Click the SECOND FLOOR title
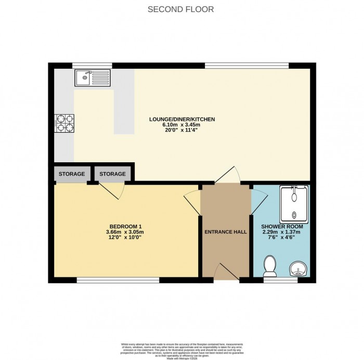tap(181, 9)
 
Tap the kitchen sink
tap(91, 79)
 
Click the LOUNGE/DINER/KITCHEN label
tap(181, 119)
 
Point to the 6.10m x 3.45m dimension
tap(181, 125)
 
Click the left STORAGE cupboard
tap(71, 174)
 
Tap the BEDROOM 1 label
tap(124, 226)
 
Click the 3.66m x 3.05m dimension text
tap(124, 232)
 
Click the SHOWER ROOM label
tap(282, 227)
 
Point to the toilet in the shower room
tap(270, 265)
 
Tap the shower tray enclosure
tap(294, 204)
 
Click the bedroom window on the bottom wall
tap(118, 280)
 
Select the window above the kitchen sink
tap(92, 66)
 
